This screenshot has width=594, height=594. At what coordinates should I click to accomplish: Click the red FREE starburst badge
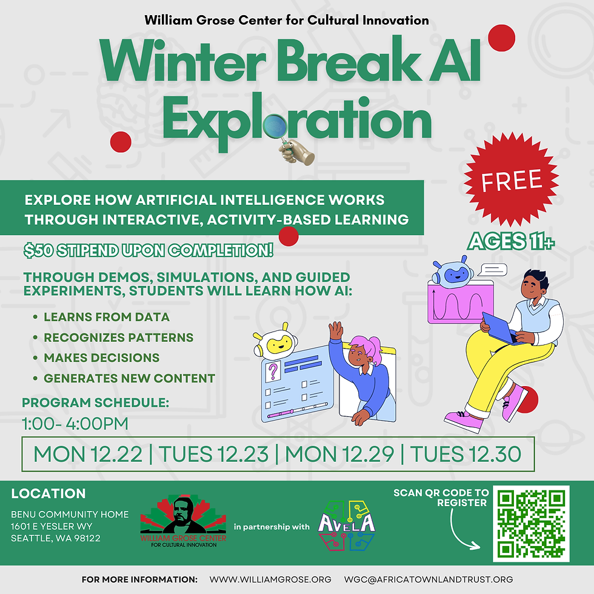[511, 181]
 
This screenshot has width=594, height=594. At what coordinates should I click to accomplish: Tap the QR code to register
[532, 524]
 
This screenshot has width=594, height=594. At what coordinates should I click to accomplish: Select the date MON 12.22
[87, 454]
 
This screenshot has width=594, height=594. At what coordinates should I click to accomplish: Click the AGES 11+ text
[511, 242]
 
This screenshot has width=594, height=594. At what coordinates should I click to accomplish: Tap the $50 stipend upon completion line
[148, 250]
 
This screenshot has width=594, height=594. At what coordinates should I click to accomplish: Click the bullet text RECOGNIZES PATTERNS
[118, 338]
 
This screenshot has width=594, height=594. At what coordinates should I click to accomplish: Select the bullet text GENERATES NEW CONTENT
[129, 379]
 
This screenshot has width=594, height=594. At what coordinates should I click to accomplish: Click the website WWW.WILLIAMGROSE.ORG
[270, 579]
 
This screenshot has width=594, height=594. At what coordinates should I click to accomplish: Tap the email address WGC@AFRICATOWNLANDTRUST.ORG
[428, 579]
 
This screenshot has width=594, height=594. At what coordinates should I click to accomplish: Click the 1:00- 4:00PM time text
[75, 423]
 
